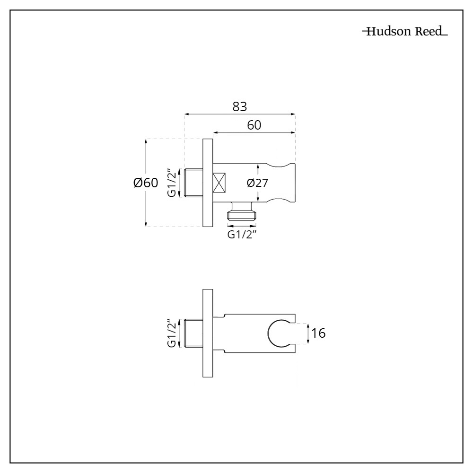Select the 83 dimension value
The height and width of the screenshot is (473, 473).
tap(240, 107)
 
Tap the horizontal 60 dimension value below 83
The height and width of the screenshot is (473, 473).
tap(254, 125)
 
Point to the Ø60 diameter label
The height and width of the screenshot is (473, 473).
tap(146, 183)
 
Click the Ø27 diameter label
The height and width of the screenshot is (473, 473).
tap(258, 183)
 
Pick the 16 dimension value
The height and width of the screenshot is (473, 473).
tap(319, 333)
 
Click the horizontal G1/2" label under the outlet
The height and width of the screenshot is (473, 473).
tap(242, 235)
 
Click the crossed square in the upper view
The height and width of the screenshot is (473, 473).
tap(219, 183)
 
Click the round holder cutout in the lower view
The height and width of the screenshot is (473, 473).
tap(279, 333)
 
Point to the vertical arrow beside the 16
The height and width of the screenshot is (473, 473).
tap(308, 333)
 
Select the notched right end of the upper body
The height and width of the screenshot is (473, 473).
tap(283, 183)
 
